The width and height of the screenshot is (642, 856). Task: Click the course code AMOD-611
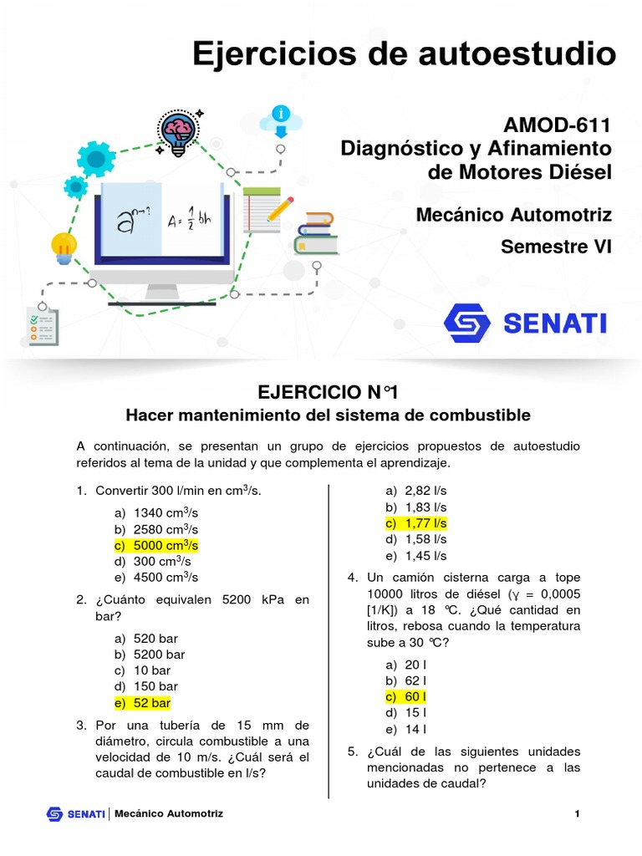tap(558, 125)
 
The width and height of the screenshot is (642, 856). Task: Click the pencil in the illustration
tap(281, 208)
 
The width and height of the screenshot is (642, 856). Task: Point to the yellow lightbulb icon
tap(64, 247)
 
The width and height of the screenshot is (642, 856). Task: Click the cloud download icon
tap(281, 121)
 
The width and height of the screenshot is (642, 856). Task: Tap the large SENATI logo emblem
tap(468, 323)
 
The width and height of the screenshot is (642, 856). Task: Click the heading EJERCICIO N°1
tap(327, 391)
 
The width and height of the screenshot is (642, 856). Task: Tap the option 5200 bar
tap(153, 655)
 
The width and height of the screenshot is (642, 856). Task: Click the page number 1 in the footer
tap(577, 814)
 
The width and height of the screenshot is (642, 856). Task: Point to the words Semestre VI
tap(556, 247)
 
